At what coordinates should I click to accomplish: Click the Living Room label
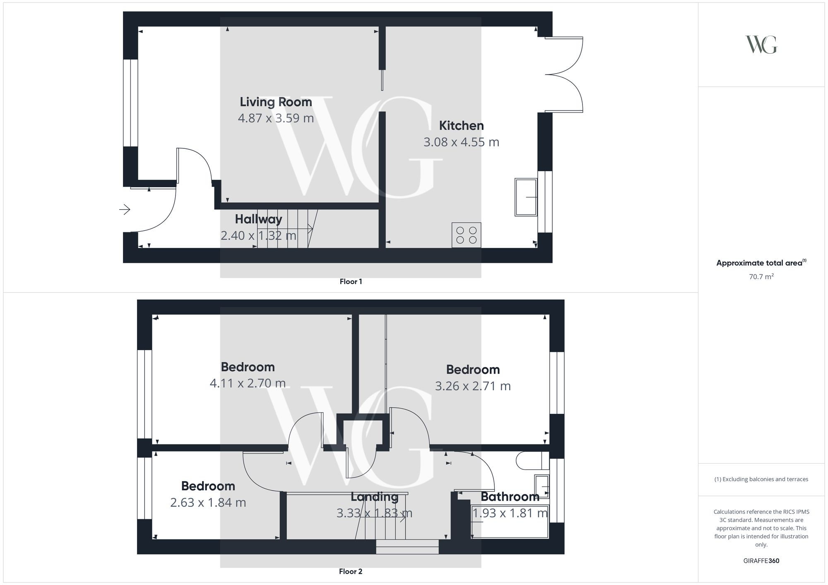(x=276, y=102)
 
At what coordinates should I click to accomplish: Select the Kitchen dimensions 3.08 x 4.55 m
(x=461, y=142)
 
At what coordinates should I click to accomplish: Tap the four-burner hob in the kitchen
(x=466, y=235)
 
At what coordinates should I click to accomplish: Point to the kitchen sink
(x=526, y=197)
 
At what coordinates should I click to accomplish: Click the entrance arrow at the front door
(x=125, y=210)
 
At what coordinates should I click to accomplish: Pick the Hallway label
(x=258, y=219)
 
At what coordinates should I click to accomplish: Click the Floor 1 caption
(x=351, y=282)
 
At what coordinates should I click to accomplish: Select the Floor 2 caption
(x=351, y=571)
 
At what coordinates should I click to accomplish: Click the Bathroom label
(x=510, y=497)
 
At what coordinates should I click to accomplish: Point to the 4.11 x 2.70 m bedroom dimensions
(x=248, y=383)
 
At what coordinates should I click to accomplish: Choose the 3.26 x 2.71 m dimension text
(x=473, y=386)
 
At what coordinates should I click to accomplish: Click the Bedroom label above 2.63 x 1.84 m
(x=208, y=486)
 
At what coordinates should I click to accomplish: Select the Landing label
(x=374, y=497)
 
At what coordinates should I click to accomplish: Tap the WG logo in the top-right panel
(x=761, y=45)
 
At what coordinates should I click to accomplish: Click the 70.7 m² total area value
(x=761, y=277)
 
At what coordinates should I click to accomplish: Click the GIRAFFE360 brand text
(x=761, y=561)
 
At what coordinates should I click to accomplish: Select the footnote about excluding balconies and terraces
(x=761, y=479)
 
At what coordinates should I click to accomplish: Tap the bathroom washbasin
(x=542, y=486)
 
